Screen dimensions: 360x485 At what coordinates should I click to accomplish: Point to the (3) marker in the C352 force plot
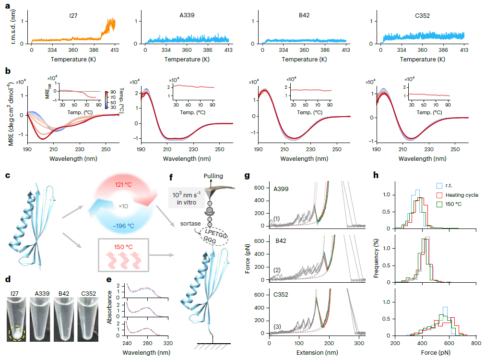[x=277, y=327]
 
